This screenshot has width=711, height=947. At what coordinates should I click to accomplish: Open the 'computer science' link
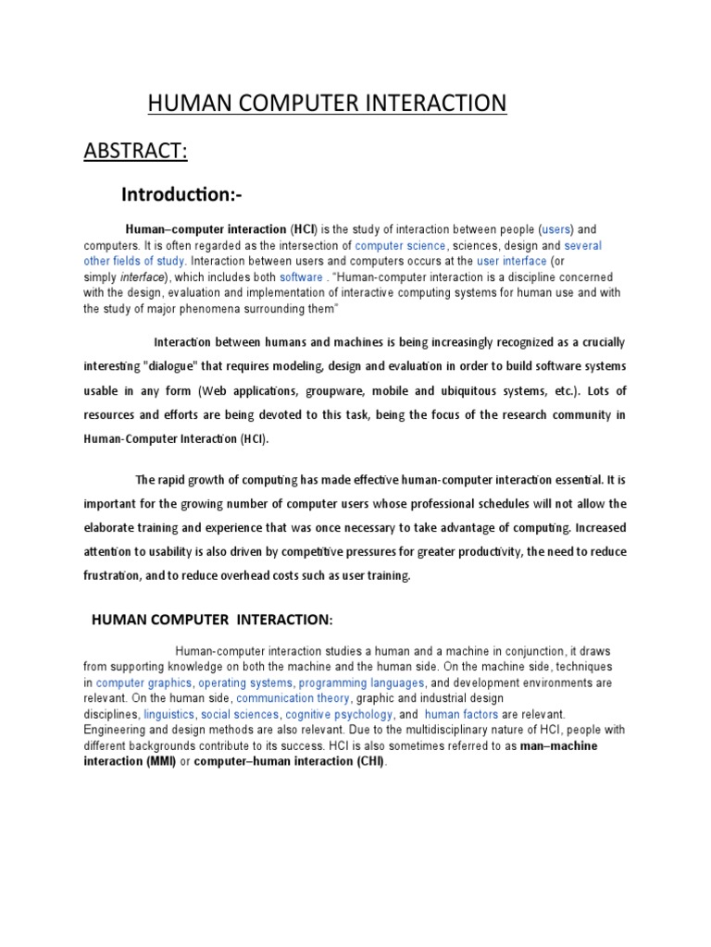click(x=400, y=246)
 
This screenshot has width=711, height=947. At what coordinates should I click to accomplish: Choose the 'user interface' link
click(x=511, y=262)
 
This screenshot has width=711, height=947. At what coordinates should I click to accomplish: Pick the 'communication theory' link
click(x=294, y=698)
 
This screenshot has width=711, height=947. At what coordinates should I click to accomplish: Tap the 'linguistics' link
click(x=169, y=715)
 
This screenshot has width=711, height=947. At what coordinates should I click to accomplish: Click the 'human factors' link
click(x=461, y=715)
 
